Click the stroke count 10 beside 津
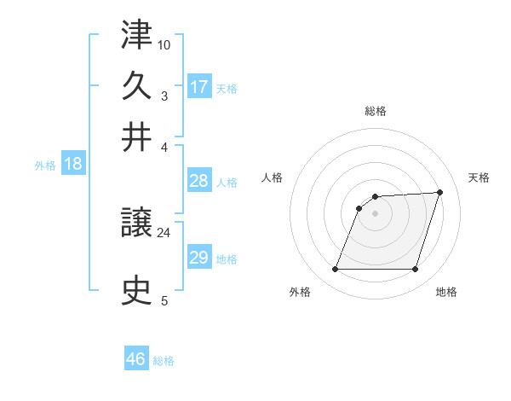click(164, 44)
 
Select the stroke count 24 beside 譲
click(164, 232)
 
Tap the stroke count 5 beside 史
click(164, 300)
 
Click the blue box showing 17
click(199, 87)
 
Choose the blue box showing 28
click(199, 181)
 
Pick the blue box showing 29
click(199, 258)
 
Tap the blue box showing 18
click(73, 165)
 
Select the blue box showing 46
click(136, 359)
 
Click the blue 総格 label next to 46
click(164, 361)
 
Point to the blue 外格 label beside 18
click(45, 166)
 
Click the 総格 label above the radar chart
click(376, 112)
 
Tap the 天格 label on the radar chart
click(479, 177)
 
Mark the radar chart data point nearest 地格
click(415, 270)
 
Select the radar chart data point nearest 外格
click(336, 270)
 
